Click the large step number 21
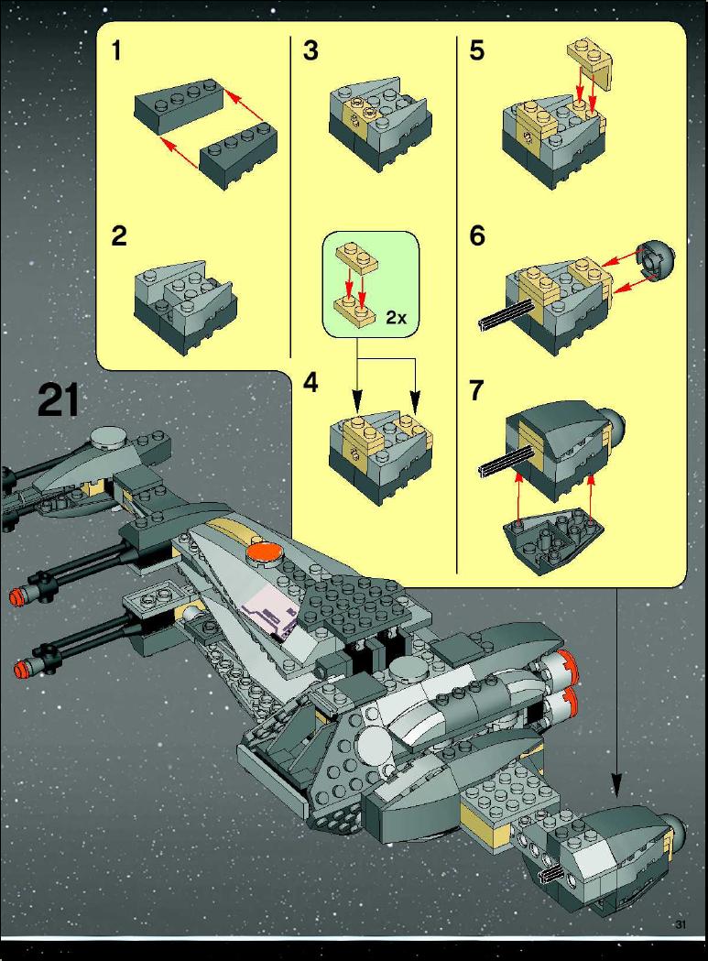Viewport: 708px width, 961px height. pos(59,400)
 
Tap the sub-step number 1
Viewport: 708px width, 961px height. pos(116,50)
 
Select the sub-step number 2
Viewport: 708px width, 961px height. pos(119,236)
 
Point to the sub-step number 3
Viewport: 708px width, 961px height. pos(310,50)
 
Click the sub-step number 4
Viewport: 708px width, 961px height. pos(310,383)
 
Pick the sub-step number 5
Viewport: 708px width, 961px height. pos(477,50)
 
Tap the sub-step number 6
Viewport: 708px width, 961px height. pos(477,236)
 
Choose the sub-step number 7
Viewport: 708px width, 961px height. pos(477,390)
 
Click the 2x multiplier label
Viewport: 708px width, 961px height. pos(396,318)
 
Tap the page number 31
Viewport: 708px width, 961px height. pos(680,925)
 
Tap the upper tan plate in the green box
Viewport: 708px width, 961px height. pos(356,257)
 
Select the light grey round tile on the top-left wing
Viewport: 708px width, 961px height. pos(108,436)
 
